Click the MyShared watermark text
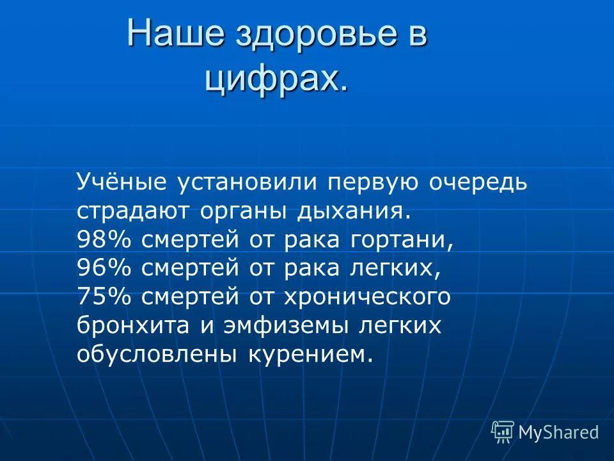pos(558,432)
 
